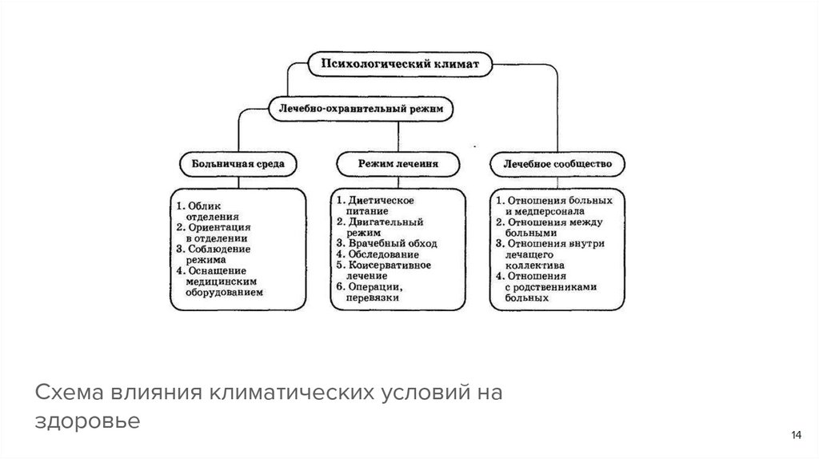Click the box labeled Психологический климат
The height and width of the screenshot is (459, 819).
point(399,63)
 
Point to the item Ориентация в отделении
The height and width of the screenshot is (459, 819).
point(216,232)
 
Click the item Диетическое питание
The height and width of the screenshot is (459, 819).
point(378,204)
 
